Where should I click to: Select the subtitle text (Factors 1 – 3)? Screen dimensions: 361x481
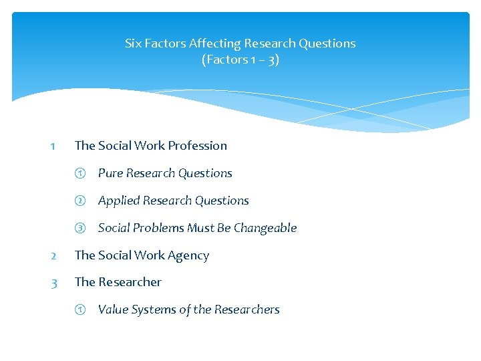click(x=240, y=59)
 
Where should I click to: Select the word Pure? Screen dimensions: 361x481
click(x=110, y=173)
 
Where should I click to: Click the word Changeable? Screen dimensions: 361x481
click(x=265, y=228)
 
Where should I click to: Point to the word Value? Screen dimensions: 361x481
click(x=113, y=310)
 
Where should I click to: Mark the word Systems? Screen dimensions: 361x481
click(x=153, y=310)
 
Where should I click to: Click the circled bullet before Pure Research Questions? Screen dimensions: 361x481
click(x=79, y=173)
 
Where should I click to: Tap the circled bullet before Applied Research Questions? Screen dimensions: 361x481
click(x=79, y=201)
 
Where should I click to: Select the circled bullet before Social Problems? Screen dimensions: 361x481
click(x=79, y=228)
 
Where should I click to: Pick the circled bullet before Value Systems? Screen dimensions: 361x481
click(x=79, y=310)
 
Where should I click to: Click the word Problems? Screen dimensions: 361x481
click(x=157, y=228)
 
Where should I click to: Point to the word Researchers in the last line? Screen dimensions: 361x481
click(x=247, y=310)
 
